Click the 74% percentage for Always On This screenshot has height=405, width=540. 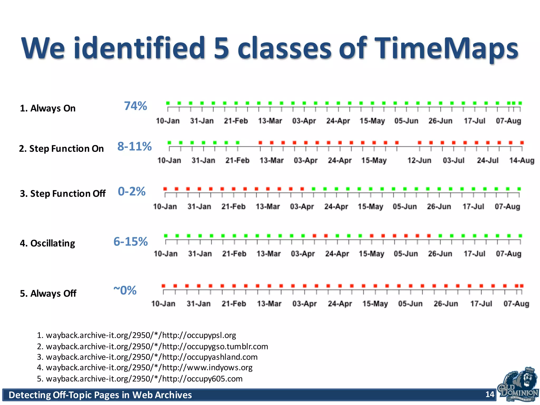136,106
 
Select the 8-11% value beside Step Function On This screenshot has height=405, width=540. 134,146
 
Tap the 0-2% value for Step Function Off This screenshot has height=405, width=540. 132,191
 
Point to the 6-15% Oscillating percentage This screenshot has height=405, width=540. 131,242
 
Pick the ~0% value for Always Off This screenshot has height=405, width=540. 125,291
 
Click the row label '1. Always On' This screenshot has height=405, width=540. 48,108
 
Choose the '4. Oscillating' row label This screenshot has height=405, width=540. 47,243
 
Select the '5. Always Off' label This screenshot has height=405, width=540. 48,293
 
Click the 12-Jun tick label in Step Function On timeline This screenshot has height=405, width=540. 419,160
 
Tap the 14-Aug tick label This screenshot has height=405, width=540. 522,160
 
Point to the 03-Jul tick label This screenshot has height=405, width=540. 454,160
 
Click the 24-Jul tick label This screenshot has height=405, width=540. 488,160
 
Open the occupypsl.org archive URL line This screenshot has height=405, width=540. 137,335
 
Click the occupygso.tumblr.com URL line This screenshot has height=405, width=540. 152,346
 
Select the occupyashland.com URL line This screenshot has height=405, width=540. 147,357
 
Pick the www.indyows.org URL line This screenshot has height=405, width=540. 145,368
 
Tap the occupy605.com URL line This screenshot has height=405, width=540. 140,379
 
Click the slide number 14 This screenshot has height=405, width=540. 490,394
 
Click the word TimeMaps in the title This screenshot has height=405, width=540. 446,48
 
